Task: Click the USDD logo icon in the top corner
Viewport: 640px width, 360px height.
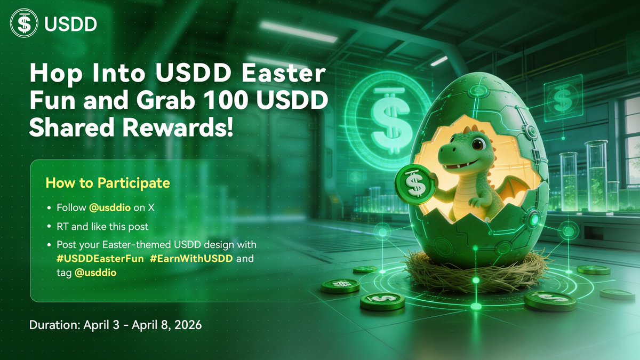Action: click(24, 23)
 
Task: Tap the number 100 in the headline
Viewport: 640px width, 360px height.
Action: click(226, 100)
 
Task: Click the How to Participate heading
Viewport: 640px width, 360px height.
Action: click(108, 183)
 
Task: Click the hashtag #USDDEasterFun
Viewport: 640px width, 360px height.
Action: click(100, 259)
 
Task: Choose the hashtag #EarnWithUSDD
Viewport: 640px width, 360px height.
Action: click(191, 259)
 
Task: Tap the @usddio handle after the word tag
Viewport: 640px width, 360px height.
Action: click(95, 273)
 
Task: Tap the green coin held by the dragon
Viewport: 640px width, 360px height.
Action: click(415, 185)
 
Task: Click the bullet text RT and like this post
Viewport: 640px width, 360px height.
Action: click(102, 227)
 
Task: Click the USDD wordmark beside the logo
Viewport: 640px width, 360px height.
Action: click(70, 24)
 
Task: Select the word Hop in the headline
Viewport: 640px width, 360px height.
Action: click(56, 74)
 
